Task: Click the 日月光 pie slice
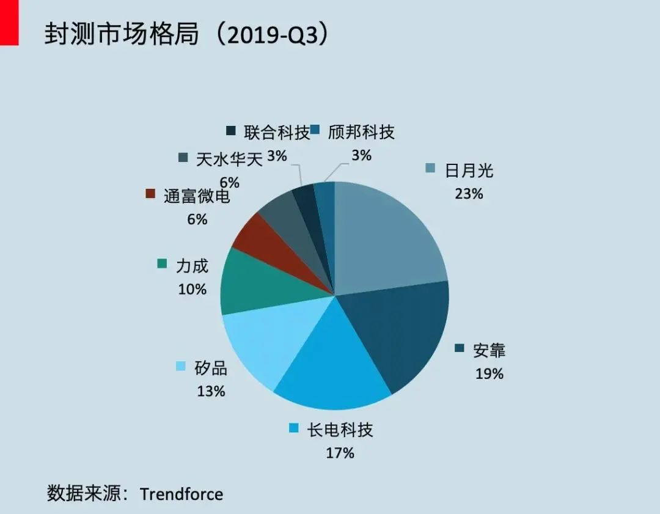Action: coord(388,235)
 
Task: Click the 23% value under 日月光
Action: coord(469,194)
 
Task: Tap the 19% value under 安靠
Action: coord(490,373)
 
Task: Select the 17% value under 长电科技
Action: coord(340,453)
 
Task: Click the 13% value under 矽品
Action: coord(211,391)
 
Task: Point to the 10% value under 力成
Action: coord(192,289)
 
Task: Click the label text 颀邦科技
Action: coord(361,132)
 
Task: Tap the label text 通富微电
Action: coord(197,196)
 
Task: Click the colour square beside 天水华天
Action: coord(183,158)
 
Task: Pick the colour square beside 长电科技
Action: coord(294,428)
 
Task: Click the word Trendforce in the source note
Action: coord(181,494)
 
